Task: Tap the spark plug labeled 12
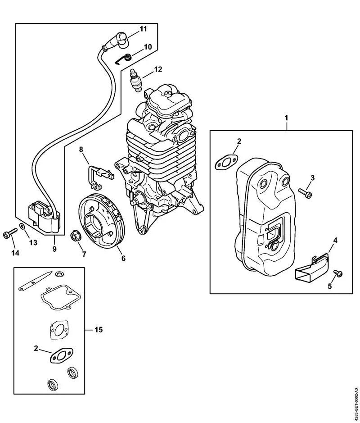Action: pos(135,80)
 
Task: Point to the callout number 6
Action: pos(123,258)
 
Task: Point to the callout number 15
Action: pos(98,330)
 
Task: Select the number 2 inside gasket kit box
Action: pos(36,348)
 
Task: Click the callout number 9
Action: pos(54,249)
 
